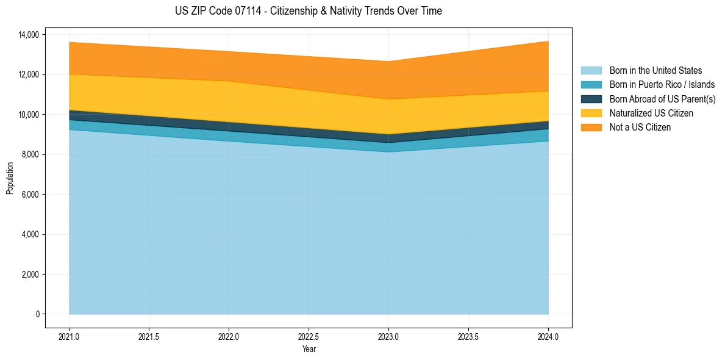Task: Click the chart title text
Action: click(308, 11)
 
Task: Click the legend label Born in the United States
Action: click(655, 71)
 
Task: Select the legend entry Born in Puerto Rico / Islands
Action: click(662, 85)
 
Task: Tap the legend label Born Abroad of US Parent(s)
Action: click(662, 99)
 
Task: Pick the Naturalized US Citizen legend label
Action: click(651, 113)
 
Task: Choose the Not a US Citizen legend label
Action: click(640, 128)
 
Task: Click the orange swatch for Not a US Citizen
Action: click(591, 128)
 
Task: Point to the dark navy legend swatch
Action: click(591, 99)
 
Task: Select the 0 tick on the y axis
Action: click(37, 314)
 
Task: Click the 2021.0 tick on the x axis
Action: click(70, 336)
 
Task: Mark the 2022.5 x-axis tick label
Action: click(309, 336)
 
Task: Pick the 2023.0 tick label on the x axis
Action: click(388, 336)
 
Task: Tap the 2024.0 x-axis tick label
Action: click(548, 336)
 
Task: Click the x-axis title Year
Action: click(309, 349)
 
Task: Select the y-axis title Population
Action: click(10, 178)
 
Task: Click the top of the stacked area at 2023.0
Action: click(388, 61)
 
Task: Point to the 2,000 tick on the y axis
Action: click(29, 275)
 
